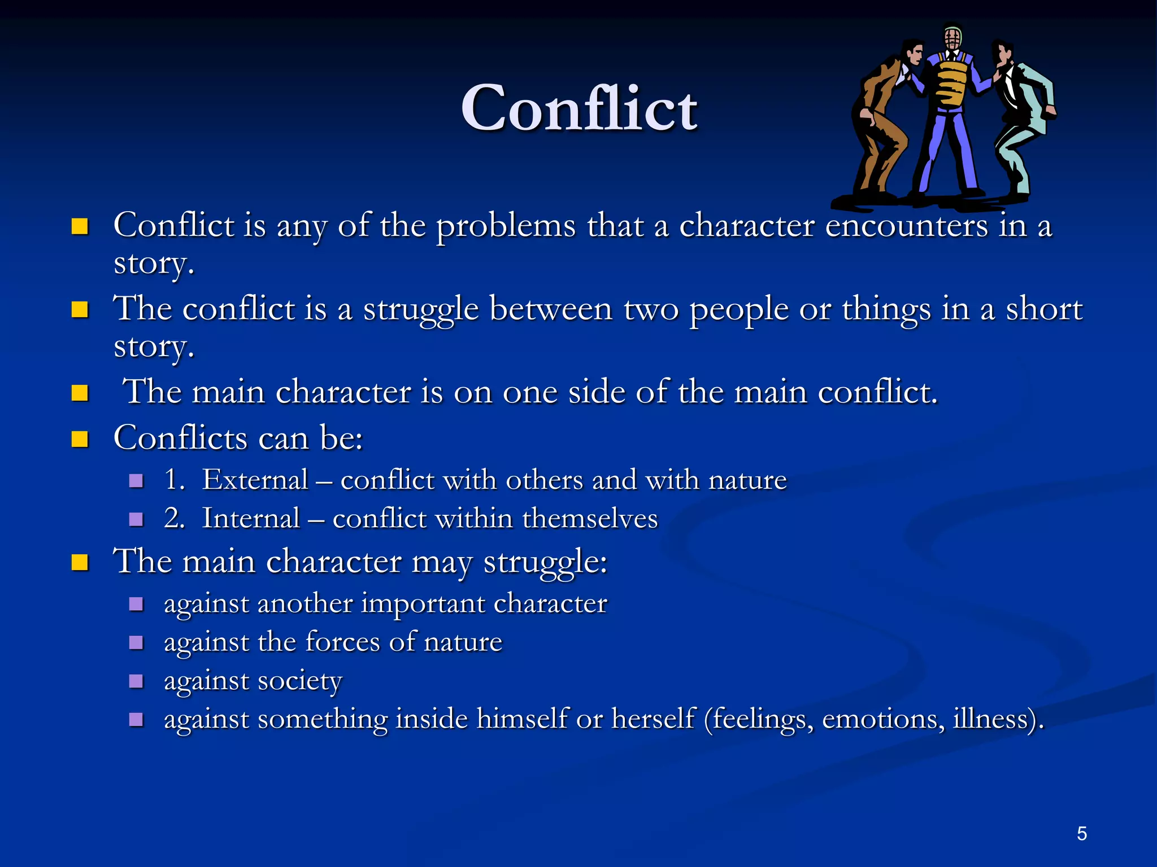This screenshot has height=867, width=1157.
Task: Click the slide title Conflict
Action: pyautogui.click(x=579, y=108)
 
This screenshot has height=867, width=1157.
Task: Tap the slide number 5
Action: pyautogui.click(x=1081, y=834)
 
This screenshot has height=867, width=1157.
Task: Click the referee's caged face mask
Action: pyautogui.click(x=952, y=39)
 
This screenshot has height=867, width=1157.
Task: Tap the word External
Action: pyautogui.click(x=255, y=480)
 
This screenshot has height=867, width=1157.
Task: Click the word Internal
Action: pyautogui.click(x=251, y=518)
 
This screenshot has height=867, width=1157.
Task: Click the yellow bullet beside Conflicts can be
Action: pyautogui.click(x=80, y=439)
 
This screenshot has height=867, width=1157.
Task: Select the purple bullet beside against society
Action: pyautogui.click(x=136, y=681)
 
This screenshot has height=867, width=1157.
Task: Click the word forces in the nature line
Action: pyautogui.click(x=342, y=642)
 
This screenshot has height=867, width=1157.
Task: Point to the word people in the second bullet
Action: pyautogui.click(x=739, y=309)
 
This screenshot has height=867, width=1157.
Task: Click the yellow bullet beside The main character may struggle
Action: pyautogui.click(x=80, y=563)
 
